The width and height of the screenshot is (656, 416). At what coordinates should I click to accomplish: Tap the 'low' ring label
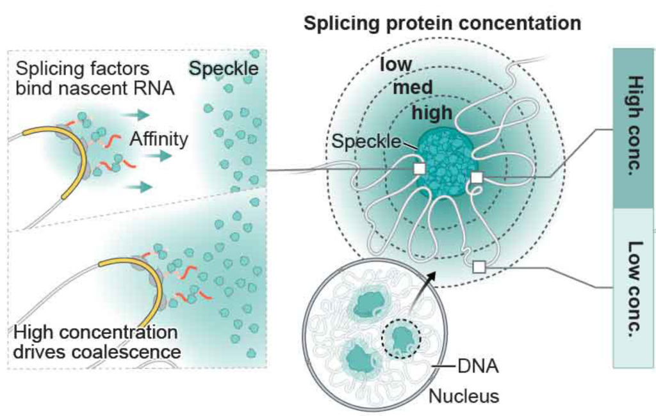[395, 65]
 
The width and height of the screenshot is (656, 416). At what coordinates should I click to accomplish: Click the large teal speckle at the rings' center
[446, 163]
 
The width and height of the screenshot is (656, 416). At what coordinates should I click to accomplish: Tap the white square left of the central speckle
[419, 169]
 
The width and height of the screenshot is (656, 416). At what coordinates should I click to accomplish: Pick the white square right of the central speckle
[477, 177]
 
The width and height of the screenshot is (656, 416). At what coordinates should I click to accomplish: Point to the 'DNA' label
[478, 367]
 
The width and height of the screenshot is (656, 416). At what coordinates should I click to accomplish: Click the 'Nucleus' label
[463, 396]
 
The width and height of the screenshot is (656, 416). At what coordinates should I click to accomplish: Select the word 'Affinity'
[159, 139]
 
